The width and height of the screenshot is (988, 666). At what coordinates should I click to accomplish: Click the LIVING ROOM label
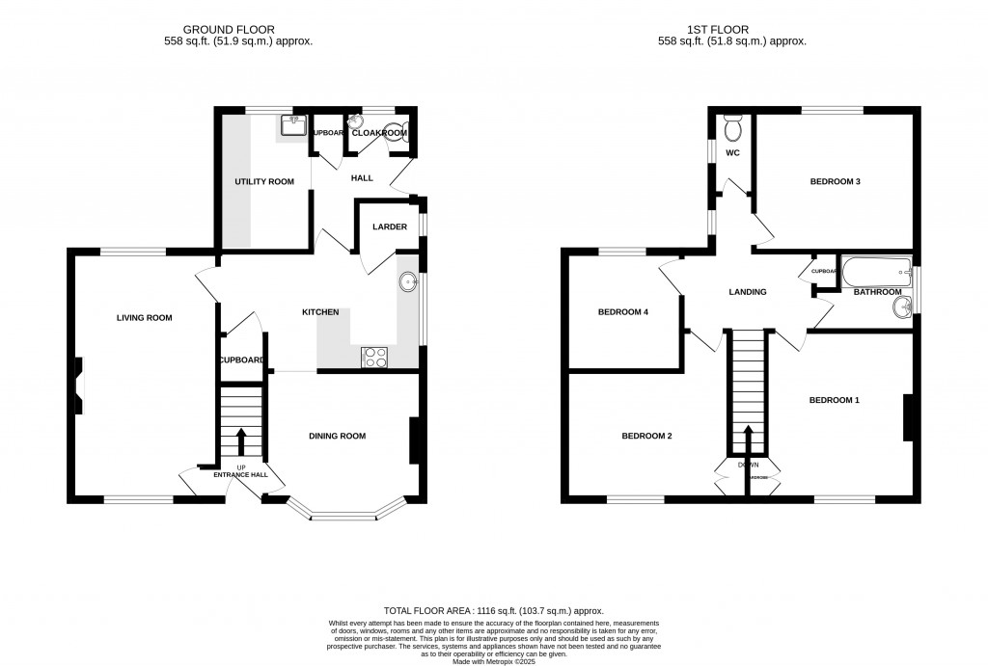click(144, 317)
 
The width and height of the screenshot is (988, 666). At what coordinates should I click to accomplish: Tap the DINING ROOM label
click(337, 436)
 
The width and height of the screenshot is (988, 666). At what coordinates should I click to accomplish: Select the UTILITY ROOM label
click(264, 181)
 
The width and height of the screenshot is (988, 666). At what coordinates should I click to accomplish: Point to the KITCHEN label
click(320, 312)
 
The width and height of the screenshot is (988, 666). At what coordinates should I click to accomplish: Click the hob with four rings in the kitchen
click(374, 358)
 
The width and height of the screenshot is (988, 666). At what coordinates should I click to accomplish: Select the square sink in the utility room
click(293, 125)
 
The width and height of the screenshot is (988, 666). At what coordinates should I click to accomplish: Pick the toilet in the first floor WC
click(732, 127)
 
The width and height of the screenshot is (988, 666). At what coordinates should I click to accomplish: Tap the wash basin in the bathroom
click(903, 307)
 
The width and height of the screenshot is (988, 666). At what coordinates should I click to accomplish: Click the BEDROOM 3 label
click(835, 181)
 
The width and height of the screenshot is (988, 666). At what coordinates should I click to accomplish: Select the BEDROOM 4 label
click(623, 311)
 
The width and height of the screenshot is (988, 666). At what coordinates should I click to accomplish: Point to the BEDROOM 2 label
click(645, 436)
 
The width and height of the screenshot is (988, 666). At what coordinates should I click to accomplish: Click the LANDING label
click(747, 292)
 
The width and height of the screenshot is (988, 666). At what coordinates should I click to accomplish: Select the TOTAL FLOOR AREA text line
click(493, 611)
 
